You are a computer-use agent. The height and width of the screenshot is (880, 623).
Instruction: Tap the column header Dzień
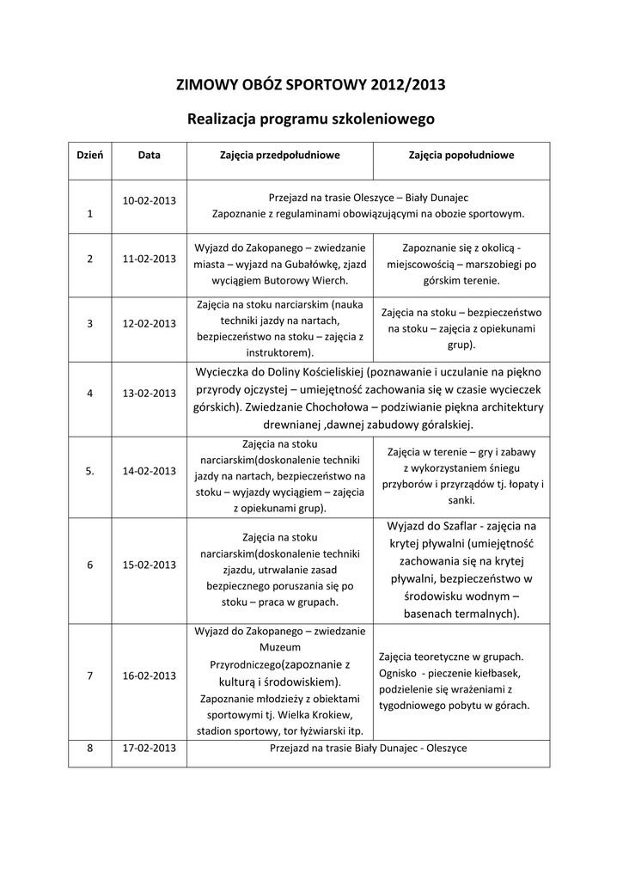90,156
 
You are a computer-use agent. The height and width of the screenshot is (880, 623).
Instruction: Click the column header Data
149,156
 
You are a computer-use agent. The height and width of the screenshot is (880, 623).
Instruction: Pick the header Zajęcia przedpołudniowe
279,156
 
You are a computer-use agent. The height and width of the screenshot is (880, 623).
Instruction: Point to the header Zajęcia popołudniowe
461,156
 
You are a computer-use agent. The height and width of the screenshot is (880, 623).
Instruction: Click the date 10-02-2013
149,200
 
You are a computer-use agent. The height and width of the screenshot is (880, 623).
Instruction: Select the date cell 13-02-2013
149,393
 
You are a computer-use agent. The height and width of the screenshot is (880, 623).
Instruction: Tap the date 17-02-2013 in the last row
149,748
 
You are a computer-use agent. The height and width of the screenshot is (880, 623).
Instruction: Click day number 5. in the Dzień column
90,471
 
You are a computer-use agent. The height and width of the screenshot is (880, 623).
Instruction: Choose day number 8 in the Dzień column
90,748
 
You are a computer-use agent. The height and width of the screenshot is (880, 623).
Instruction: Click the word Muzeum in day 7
279,648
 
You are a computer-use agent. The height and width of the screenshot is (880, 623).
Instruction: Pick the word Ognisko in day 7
397,672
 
